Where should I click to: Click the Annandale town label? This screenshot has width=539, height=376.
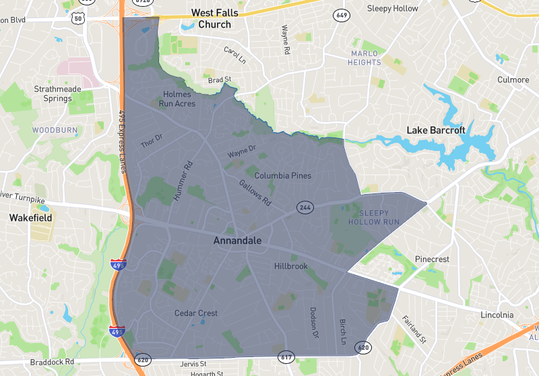pyautogui.click(x=237, y=240)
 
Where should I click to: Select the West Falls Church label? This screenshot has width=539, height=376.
pyautogui.click(x=211, y=18)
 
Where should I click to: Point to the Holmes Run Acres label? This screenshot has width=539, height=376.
pyautogui.click(x=178, y=99)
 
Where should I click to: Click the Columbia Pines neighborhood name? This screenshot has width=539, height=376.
pyautogui.click(x=282, y=176)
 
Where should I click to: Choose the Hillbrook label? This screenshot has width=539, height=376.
pyautogui.click(x=290, y=266)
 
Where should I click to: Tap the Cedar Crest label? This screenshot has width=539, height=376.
pyautogui.click(x=196, y=313)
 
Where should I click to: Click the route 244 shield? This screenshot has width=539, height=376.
pyautogui.click(x=305, y=208)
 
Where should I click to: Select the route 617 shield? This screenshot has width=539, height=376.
pyautogui.click(x=286, y=356)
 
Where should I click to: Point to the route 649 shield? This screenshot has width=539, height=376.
pyautogui.click(x=342, y=15)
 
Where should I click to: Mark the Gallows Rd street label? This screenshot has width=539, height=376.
pyautogui.click(x=255, y=192)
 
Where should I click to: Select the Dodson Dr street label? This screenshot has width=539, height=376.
pyautogui.click(x=313, y=322)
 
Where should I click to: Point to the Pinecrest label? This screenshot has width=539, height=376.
pyautogui.click(x=432, y=259)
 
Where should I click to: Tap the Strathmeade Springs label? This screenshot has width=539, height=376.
pyautogui.click(x=53, y=94)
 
